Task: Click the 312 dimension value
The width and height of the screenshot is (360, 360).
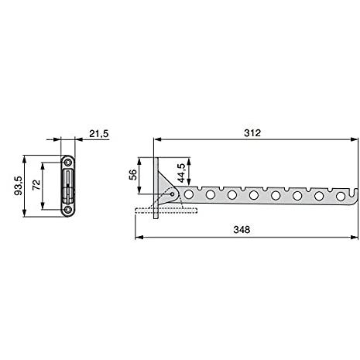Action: tap(252, 133)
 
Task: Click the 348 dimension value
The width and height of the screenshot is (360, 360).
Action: tap(242, 229)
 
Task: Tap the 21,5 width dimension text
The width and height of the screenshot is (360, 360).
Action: tap(99, 134)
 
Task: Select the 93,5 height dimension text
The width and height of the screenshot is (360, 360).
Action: tap(19, 186)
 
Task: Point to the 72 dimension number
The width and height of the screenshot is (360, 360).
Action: tap(36, 185)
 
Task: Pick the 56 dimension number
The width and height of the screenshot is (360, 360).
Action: tap(132, 175)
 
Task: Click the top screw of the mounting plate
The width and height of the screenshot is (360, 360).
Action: tap(68, 163)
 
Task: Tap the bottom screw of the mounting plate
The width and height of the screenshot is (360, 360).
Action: tap(68, 210)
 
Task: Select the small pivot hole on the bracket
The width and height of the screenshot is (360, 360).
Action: tap(172, 194)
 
